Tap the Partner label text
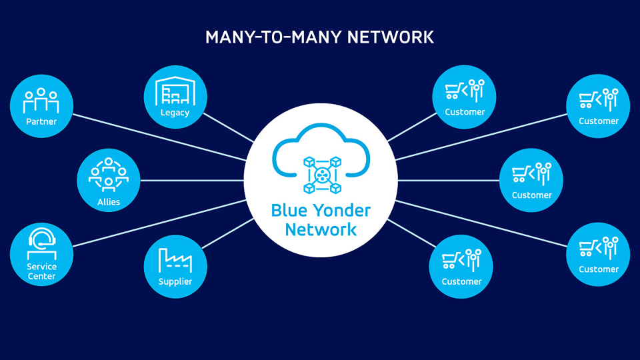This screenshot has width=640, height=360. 41,121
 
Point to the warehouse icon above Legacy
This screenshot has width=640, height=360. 175,92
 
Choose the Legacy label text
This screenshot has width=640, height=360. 175,113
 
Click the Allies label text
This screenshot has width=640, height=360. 109,201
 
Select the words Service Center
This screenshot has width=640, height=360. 41,271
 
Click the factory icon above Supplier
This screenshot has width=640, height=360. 175,259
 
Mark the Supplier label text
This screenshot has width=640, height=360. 175,281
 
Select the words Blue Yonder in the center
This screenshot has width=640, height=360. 321,211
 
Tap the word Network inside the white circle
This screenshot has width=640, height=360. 321,230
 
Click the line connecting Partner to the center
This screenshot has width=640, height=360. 160,137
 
